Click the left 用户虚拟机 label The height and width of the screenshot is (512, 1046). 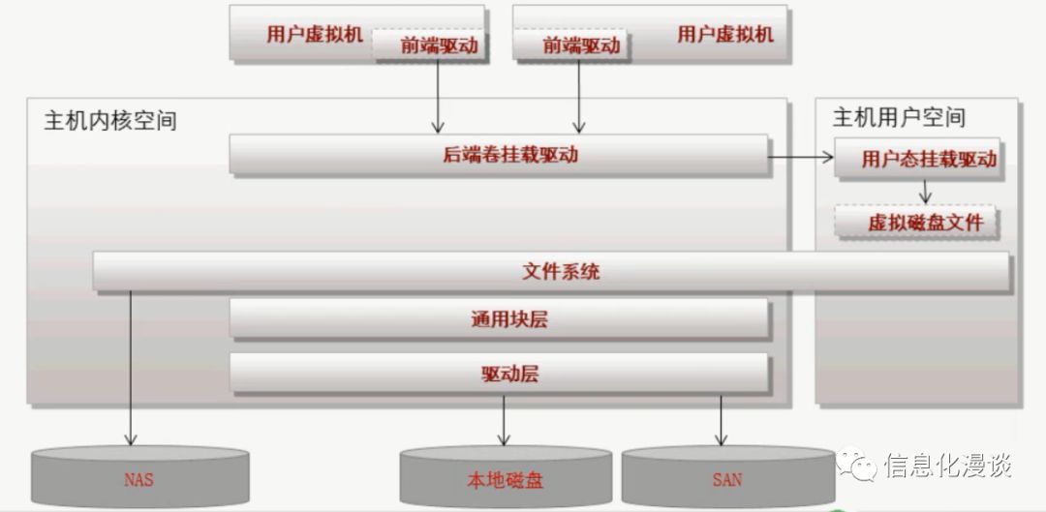(x=314, y=35)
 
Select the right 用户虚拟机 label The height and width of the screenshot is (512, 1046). (x=725, y=35)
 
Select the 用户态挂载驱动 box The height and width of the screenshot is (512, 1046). (x=928, y=160)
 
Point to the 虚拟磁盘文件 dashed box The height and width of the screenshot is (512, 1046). (x=925, y=224)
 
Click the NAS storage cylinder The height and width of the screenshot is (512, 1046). (x=139, y=477)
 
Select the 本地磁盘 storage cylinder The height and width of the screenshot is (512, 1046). (x=505, y=478)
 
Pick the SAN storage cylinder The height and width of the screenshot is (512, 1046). (x=726, y=478)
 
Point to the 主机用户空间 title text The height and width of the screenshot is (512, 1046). (x=899, y=118)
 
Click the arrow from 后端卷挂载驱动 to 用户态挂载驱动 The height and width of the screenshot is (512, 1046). (x=802, y=155)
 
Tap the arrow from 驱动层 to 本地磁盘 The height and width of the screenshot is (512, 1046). (x=504, y=418)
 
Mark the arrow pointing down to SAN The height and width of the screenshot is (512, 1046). (x=721, y=418)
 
